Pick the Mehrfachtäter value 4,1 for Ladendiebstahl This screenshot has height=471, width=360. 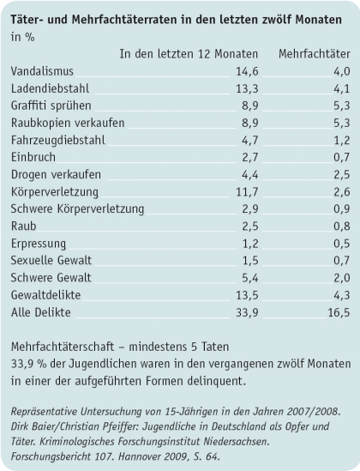point(340,90)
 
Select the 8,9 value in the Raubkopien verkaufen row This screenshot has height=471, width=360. point(249,123)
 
